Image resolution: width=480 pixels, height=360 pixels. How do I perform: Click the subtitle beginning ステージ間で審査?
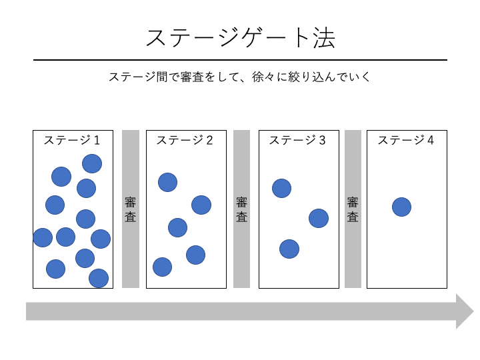pos(240,77)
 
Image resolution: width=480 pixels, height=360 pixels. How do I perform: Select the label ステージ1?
pos(72,140)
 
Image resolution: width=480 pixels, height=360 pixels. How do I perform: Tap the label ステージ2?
pos(185,140)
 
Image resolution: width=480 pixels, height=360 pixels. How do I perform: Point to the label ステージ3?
pos(297,140)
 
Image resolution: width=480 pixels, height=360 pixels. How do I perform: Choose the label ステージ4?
pos(406,140)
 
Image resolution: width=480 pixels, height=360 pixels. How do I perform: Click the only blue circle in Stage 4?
pos(401,207)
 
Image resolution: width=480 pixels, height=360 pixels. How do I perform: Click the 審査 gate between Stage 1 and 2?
pos(131,209)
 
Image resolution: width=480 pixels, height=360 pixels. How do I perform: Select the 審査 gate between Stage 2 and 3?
pos(241,209)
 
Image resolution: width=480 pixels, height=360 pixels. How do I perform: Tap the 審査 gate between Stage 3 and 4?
pos(353,209)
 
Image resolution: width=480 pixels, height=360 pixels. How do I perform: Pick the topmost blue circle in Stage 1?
pos(92,163)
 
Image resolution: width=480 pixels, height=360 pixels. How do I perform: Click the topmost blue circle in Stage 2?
pos(167,182)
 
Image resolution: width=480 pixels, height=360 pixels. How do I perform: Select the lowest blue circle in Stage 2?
pos(162,267)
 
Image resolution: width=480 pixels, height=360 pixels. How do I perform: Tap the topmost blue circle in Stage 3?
pos(281,188)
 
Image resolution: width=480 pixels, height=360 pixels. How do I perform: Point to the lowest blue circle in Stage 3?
pos(289,249)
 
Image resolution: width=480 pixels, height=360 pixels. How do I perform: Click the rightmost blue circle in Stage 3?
pos(319,218)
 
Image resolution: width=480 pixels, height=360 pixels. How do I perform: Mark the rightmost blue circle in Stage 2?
pos(201,205)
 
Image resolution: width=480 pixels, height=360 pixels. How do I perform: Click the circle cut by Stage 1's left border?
pos(43,237)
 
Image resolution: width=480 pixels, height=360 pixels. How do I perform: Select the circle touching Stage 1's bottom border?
pos(99,278)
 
